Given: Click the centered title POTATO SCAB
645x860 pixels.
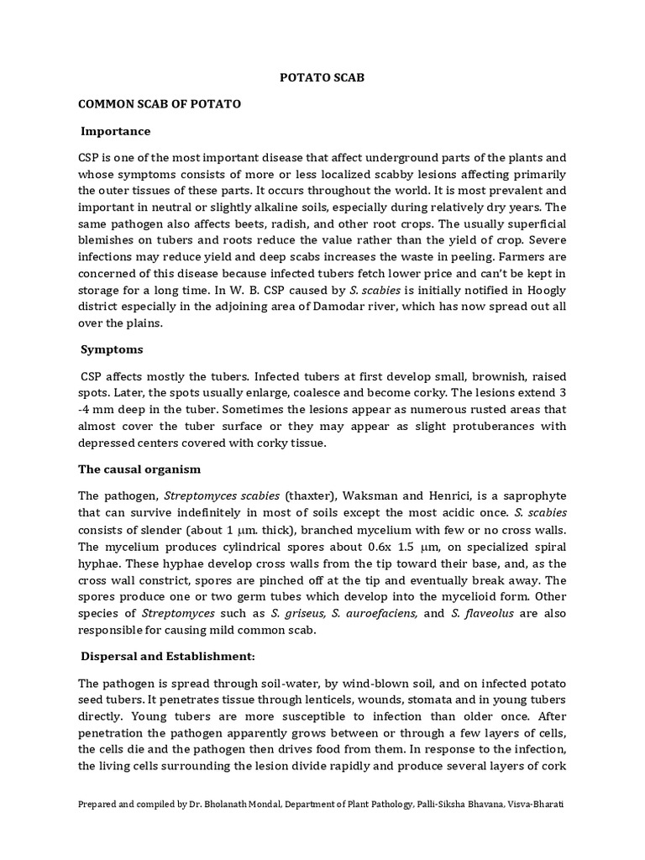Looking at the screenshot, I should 322,77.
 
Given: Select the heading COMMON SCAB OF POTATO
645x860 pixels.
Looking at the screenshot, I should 160,104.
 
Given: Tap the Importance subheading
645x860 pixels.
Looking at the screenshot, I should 116,131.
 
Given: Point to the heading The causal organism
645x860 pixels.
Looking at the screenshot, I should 139,468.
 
